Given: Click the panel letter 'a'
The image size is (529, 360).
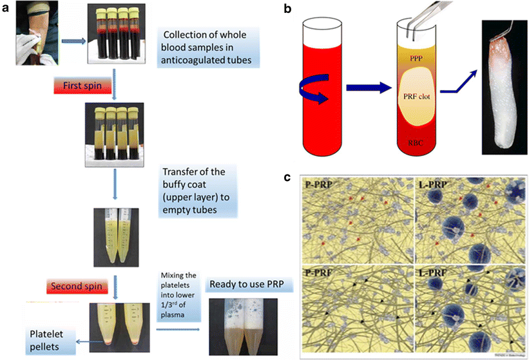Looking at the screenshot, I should coord(6,8).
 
